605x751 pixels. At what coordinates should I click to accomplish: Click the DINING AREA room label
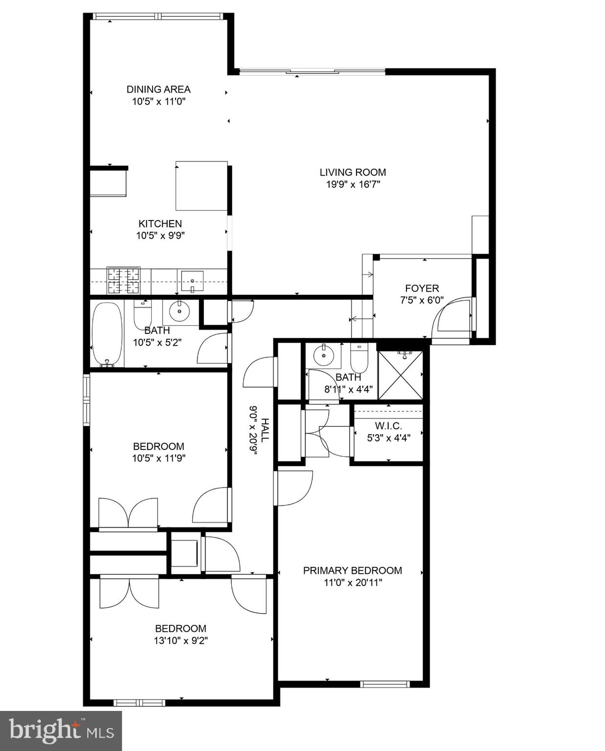click(x=158, y=89)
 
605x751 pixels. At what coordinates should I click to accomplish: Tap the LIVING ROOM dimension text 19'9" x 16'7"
click(x=353, y=184)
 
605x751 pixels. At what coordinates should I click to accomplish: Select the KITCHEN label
click(x=160, y=223)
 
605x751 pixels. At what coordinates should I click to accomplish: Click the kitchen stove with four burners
click(x=123, y=280)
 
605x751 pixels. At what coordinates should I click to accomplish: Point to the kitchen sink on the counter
click(x=192, y=281)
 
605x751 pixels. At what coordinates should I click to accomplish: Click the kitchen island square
click(x=202, y=186)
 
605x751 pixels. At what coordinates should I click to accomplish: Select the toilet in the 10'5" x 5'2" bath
click(x=142, y=314)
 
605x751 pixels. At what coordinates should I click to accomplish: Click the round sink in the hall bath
click(x=179, y=310)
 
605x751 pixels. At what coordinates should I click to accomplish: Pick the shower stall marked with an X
click(x=401, y=375)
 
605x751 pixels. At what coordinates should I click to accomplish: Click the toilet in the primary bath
click(x=359, y=357)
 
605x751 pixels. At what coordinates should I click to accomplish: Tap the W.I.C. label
click(x=388, y=426)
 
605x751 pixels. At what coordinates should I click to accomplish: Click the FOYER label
click(x=422, y=288)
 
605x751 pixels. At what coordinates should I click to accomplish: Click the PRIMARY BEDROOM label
click(x=352, y=571)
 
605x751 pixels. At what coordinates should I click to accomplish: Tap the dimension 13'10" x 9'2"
click(x=181, y=641)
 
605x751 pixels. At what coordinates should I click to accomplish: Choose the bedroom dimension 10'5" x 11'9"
click(x=158, y=458)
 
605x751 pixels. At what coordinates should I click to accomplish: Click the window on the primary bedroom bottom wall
click(x=384, y=684)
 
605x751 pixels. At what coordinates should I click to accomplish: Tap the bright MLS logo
click(x=61, y=731)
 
